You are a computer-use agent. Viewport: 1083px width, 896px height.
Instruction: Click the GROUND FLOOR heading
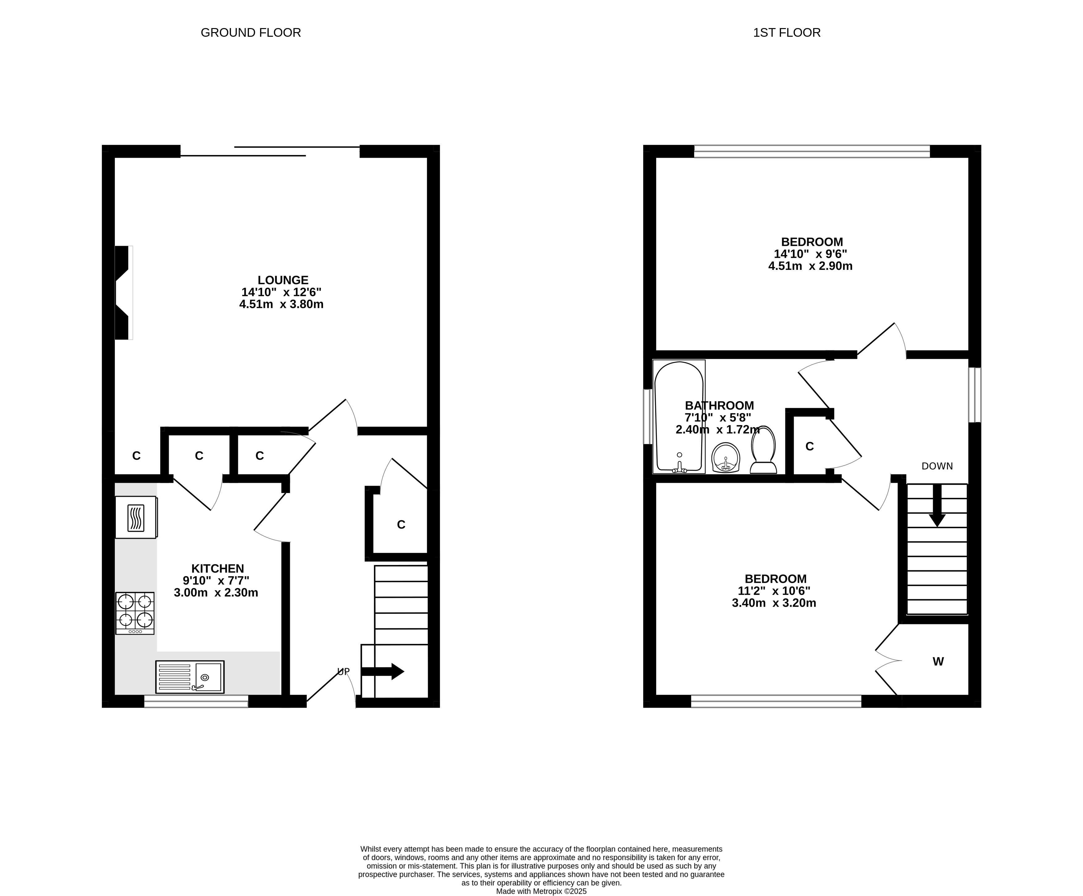251,32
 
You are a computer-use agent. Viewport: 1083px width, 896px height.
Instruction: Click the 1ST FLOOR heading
787,32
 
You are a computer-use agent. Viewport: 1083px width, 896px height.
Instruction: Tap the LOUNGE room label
283,280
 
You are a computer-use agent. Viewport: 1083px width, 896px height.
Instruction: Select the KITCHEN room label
218,569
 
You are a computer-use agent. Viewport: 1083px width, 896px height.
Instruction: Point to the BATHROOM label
720,406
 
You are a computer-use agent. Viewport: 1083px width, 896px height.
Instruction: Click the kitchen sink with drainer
190,677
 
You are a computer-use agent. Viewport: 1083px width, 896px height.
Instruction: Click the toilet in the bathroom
763,450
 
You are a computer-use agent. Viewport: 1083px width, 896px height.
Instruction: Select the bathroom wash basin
726,457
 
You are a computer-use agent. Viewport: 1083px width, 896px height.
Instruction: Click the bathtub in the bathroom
679,417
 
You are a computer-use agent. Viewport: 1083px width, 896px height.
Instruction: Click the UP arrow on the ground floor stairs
382,671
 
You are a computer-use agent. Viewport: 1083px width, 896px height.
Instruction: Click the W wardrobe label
938,661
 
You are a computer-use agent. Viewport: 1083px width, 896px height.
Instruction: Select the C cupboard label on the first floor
810,446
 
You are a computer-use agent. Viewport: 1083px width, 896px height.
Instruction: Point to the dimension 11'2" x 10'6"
774,591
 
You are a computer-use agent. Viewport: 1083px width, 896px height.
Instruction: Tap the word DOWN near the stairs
937,466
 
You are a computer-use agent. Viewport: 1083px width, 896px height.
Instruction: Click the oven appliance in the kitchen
136,517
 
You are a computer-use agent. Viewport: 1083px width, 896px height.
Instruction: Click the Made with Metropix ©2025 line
542,891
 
